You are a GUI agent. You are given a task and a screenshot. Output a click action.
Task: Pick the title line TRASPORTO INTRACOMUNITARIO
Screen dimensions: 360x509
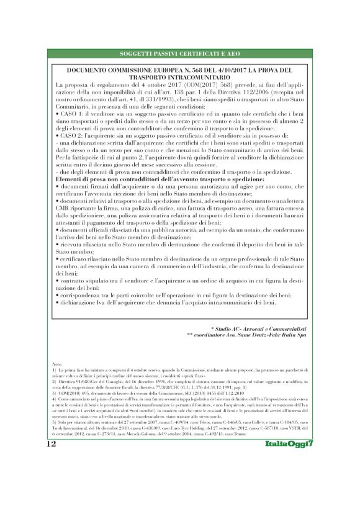(179, 78)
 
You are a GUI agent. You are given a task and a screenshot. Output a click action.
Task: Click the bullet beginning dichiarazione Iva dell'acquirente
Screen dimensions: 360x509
(164, 302)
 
